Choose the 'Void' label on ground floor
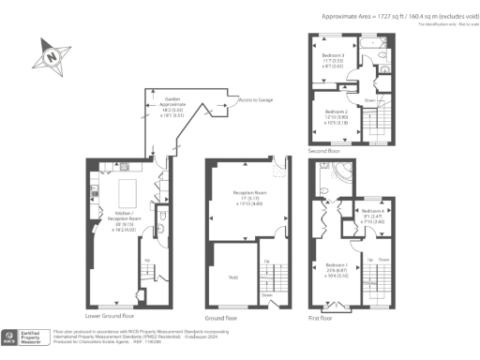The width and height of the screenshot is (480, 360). [x=232, y=277]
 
